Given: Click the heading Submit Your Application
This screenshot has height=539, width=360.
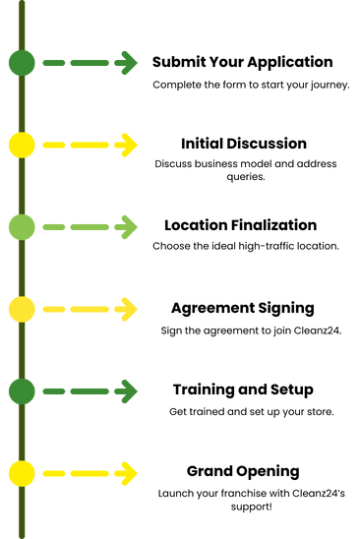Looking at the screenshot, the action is (242, 63).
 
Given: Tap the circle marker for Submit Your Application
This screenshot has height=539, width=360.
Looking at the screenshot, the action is (22, 63).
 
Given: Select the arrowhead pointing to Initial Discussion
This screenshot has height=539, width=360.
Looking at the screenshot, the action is (127, 145).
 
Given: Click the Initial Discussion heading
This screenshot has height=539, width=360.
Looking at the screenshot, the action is (244, 144).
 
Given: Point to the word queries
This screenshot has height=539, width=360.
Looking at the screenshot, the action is (246, 177).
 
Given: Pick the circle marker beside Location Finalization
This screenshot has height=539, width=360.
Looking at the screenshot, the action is (22, 227).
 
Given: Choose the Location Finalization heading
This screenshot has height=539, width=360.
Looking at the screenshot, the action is (240, 225).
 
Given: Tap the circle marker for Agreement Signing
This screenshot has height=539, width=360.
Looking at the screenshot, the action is (22, 310).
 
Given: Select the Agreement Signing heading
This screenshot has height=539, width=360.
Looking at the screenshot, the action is (243, 308).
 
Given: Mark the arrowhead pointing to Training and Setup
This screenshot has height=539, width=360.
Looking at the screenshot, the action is (127, 391).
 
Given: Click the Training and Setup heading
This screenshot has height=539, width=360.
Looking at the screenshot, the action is (243, 389).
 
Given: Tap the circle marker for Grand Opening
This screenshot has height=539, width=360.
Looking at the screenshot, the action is (22, 474).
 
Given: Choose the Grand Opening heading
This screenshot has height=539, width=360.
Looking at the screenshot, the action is (243, 472).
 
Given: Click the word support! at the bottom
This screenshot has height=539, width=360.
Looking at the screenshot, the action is (252, 508).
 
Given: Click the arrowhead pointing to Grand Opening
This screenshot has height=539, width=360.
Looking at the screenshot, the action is (127, 474).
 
